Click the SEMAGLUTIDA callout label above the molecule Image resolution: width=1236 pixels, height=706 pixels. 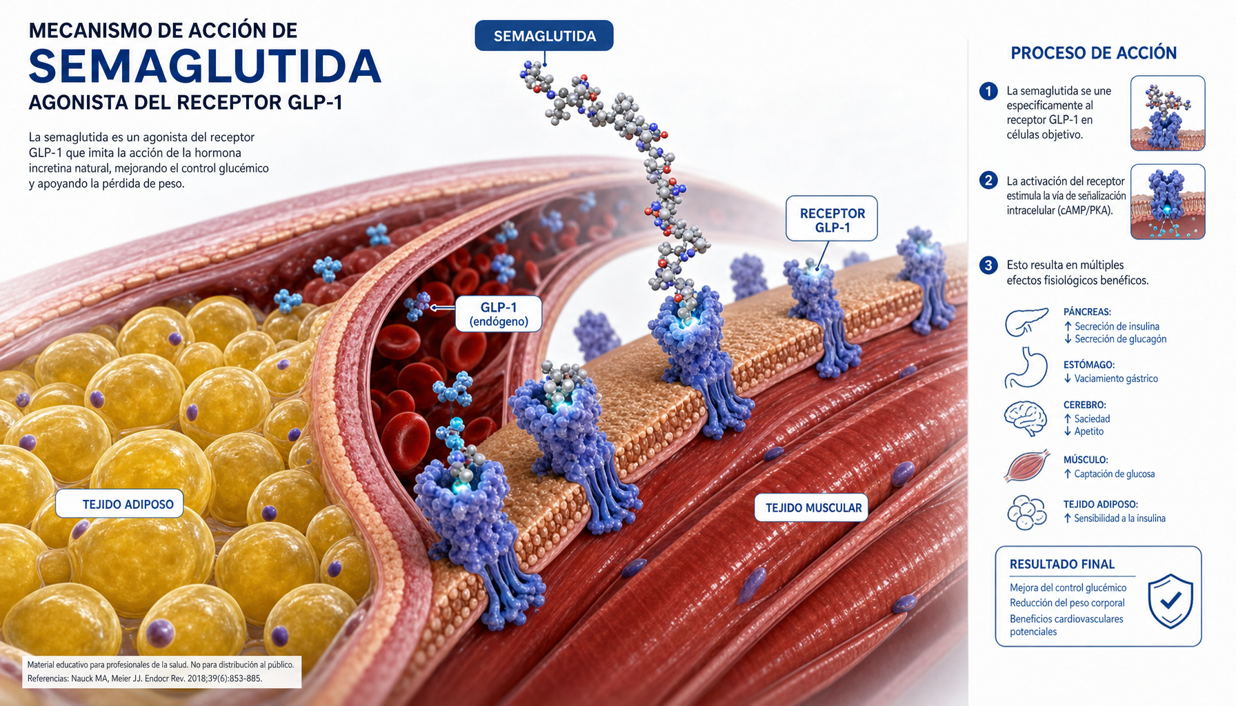(544, 36)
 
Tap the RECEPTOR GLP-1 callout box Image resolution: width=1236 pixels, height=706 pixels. (832, 219)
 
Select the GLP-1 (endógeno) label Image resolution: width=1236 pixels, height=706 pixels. (499, 314)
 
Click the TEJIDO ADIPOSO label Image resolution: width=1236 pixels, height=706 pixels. (120, 504)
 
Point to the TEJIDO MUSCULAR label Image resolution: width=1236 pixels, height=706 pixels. (812, 507)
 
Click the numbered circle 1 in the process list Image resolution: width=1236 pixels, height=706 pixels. (988, 91)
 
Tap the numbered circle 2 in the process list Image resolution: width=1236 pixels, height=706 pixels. (988, 180)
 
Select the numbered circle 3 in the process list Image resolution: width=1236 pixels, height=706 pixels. (988, 265)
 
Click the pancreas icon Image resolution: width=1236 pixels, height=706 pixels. (1027, 322)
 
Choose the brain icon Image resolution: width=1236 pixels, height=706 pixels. (1026, 418)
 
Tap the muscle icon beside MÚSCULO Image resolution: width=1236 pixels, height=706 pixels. (1027, 465)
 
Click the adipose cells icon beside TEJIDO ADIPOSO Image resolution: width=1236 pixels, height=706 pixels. (1027, 512)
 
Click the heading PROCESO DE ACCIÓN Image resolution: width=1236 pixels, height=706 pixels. (1094, 53)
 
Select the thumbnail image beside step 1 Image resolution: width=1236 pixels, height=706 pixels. (1168, 113)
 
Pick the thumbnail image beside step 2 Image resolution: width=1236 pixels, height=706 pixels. (1168, 201)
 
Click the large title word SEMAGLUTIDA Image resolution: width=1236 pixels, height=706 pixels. (205, 67)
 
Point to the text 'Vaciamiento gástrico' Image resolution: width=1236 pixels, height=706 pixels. (1116, 379)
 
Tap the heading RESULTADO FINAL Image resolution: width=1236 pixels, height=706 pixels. (1062, 564)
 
